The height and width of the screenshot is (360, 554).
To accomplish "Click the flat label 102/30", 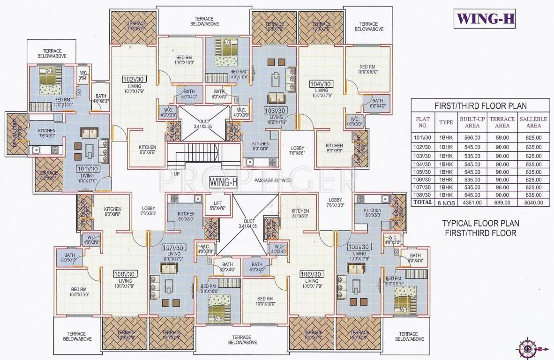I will [x=133, y=79].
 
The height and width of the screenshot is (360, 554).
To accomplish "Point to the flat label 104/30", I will [x=321, y=84].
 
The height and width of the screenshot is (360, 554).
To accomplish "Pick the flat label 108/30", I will [x=125, y=274].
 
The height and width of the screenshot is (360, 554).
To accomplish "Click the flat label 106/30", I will [x=311, y=274].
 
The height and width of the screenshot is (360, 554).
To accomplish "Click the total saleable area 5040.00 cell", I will [x=533, y=202].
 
